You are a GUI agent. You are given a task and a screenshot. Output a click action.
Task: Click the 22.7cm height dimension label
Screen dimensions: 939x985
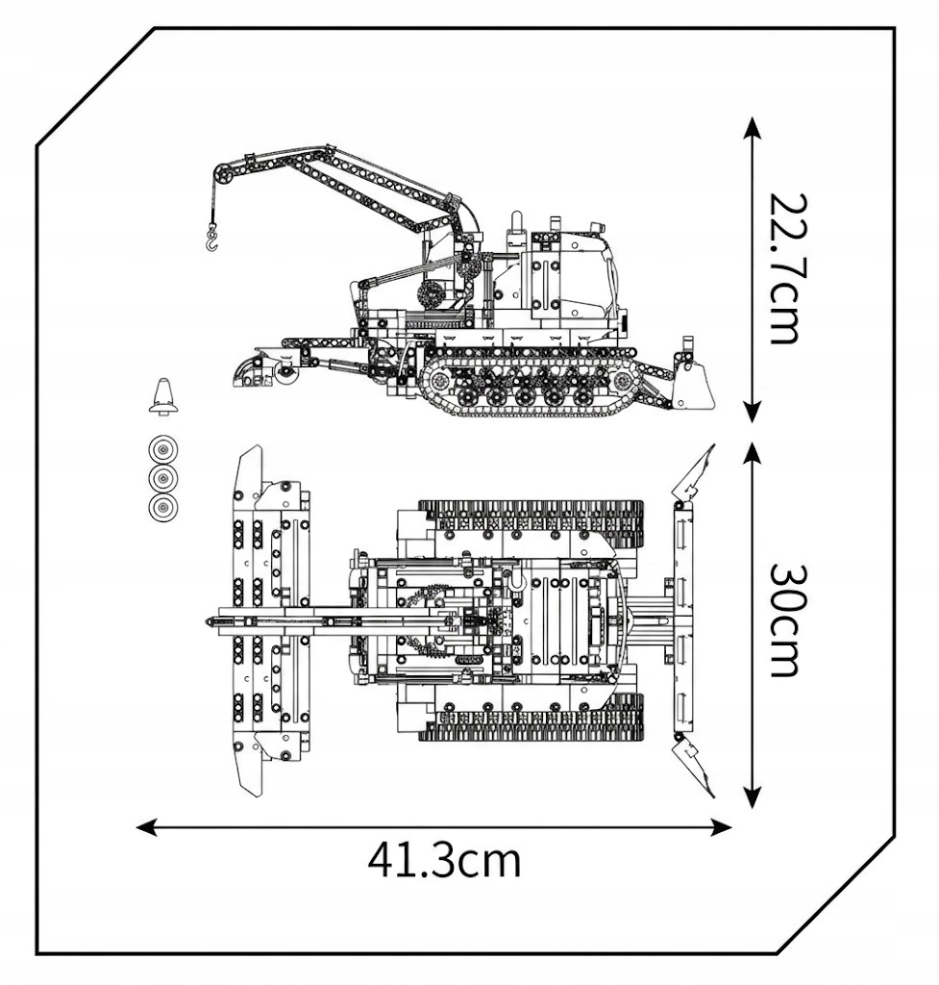[x=784, y=268]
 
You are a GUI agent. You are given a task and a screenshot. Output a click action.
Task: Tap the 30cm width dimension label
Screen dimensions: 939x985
[x=784, y=620]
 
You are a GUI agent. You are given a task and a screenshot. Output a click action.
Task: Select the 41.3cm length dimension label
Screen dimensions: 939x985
[x=444, y=861]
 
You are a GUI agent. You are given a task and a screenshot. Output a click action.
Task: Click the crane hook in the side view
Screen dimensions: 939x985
[x=212, y=240]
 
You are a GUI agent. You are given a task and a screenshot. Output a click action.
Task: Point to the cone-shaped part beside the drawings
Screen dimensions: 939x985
[x=163, y=396]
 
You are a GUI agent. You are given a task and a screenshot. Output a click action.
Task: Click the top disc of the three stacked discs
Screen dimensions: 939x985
[x=163, y=450]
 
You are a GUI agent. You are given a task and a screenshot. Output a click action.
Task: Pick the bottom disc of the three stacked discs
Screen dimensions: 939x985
[x=163, y=506]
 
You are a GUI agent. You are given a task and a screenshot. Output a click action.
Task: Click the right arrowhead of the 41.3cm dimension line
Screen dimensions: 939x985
[x=721, y=826]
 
